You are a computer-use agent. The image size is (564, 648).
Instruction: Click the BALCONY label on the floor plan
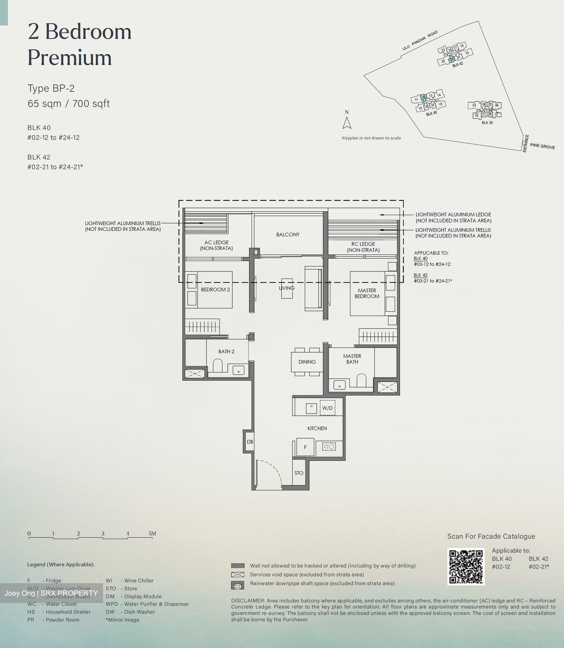[288, 234]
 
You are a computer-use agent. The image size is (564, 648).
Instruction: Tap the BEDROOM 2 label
[215, 289]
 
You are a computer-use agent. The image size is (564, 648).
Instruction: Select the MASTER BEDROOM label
[367, 293]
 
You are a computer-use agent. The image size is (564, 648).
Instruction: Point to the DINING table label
[307, 362]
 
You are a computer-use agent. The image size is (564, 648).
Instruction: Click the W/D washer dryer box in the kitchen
[327, 408]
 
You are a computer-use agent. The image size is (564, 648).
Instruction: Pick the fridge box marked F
[305, 447]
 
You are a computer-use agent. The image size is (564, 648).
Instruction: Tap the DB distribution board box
[250, 442]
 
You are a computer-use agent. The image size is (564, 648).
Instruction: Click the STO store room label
[299, 473]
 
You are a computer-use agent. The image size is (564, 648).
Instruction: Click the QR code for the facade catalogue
[466, 567]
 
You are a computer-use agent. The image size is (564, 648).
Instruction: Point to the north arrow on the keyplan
[347, 123]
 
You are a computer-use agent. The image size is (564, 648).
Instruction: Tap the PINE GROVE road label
[542, 146]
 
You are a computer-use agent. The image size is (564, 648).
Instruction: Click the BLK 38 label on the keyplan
[487, 122]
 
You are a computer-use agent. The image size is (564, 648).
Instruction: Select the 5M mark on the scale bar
[152, 534]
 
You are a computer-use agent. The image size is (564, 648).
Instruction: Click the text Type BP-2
[51, 88]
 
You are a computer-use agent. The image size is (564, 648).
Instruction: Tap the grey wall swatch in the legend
[237, 566]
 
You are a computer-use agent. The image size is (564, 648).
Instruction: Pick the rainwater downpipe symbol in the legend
[237, 585]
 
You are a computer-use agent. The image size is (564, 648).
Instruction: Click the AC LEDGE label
[217, 245]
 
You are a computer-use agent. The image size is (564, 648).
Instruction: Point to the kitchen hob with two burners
[329, 447]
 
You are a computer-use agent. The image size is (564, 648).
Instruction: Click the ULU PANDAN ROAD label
[420, 40]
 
